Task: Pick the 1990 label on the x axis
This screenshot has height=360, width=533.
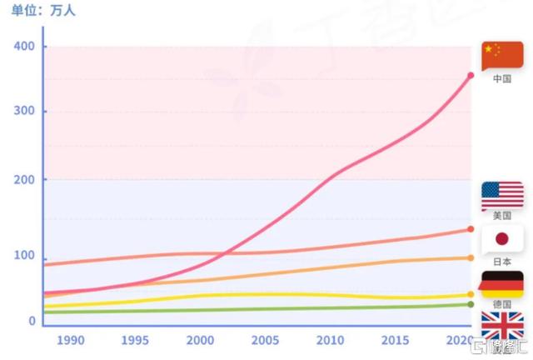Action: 71,340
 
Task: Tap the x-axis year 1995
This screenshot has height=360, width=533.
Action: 135,340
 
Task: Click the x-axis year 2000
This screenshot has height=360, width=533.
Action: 200,340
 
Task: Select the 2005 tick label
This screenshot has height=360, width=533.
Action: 265,340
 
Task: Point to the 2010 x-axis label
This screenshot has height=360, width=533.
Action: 330,340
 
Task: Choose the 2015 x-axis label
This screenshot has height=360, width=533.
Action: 394,340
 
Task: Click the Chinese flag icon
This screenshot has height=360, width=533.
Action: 502,54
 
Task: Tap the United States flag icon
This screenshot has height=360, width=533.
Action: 502,195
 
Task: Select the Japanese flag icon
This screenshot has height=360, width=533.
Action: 502,240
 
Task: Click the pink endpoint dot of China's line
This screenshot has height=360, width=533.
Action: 471,76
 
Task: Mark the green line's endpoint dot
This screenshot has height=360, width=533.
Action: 471,304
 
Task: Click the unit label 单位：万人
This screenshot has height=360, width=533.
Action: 42,10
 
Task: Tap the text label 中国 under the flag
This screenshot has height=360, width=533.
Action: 501,79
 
